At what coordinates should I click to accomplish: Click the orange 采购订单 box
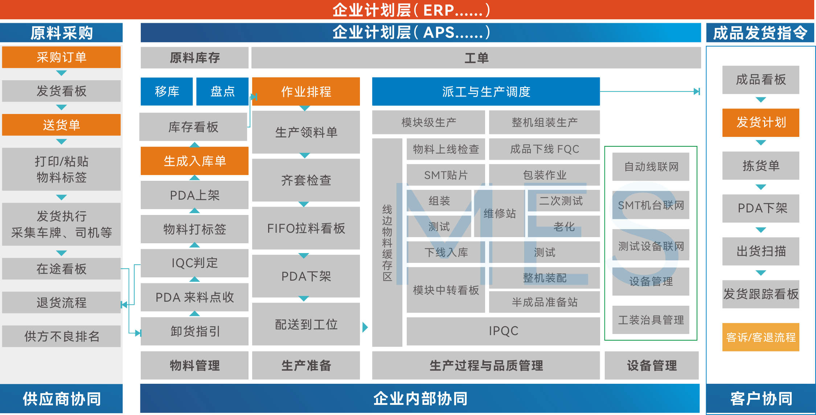pyautogui.click(x=61, y=57)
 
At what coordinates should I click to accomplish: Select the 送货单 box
pyautogui.click(x=61, y=125)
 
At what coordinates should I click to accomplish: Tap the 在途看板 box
pyautogui.click(x=61, y=269)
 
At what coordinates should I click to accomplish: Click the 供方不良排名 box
pyautogui.click(x=61, y=336)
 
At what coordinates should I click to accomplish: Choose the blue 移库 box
pyautogui.click(x=167, y=91)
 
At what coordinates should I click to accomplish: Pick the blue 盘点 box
pyautogui.click(x=222, y=91)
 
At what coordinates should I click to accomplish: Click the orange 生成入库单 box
pyautogui.click(x=194, y=161)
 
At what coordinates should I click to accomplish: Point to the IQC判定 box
pyautogui.click(x=194, y=263)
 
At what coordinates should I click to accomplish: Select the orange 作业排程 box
pyautogui.click(x=306, y=91)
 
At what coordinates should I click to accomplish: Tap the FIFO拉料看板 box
pyautogui.click(x=306, y=228)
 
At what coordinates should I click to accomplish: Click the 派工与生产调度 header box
pyautogui.click(x=486, y=91)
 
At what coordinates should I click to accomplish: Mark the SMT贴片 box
pyautogui.click(x=446, y=175)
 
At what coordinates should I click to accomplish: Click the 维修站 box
pyautogui.click(x=499, y=213)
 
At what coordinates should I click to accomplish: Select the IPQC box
pyautogui.click(x=503, y=331)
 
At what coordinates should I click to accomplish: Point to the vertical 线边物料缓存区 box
pyautogui.click(x=387, y=243)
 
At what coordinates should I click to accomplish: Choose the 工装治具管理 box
pyautogui.click(x=651, y=320)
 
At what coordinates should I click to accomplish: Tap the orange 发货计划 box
pyautogui.click(x=760, y=122)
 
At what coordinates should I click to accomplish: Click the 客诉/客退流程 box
pyautogui.click(x=760, y=337)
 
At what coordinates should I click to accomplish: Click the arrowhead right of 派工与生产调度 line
pyautogui.click(x=697, y=91)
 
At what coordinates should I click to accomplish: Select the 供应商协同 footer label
pyautogui.click(x=61, y=399)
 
